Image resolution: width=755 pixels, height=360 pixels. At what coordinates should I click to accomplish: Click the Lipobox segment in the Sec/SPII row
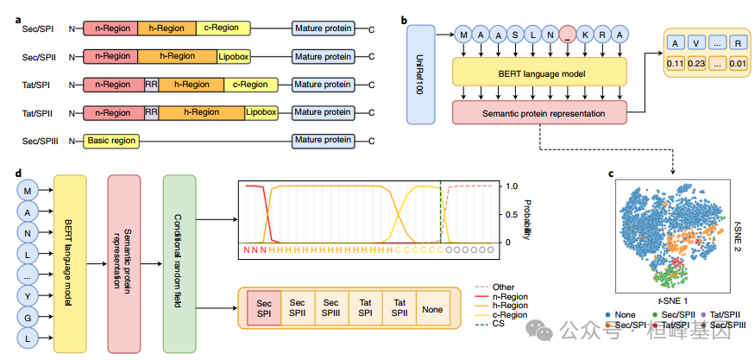[234, 57]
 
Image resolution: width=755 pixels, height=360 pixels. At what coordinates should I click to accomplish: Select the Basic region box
[111, 142]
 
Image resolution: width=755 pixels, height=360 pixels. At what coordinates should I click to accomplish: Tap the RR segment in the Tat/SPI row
[151, 85]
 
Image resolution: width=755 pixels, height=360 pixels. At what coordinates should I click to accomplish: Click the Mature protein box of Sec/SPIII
[323, 141]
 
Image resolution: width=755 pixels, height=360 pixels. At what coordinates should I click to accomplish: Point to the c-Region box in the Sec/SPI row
[223, 28]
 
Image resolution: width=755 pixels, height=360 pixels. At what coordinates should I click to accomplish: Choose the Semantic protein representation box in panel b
[540, 114]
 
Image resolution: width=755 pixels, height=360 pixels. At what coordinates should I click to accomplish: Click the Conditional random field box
[179, 263]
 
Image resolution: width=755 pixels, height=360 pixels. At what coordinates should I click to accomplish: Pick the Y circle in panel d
[28, 296]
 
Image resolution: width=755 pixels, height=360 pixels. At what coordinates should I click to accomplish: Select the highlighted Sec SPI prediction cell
[263, 308]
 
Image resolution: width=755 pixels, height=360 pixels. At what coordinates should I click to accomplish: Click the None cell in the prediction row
[432, 308]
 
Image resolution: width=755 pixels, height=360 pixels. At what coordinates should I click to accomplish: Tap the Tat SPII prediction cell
[399, 308]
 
